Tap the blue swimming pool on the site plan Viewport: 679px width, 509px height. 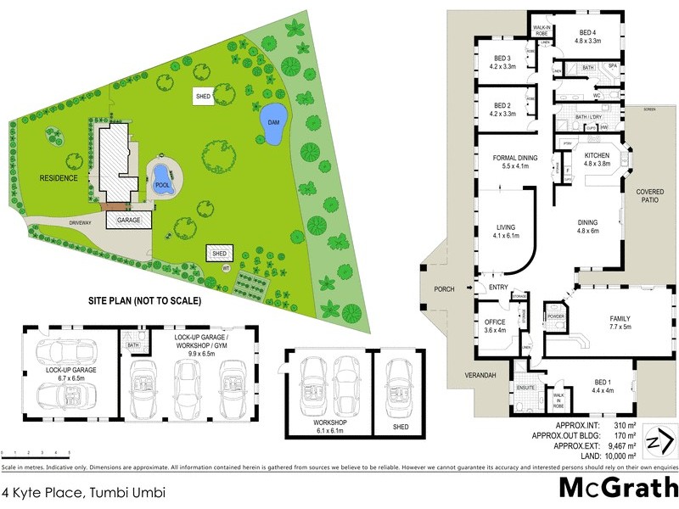[x=161, y=178]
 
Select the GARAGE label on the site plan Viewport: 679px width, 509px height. [x=127, y=219]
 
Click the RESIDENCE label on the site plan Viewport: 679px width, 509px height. [x=58, y=178]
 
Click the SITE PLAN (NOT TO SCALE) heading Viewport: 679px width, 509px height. [x=145, y=300]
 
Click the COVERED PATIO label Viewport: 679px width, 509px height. [x=650, y=197]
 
